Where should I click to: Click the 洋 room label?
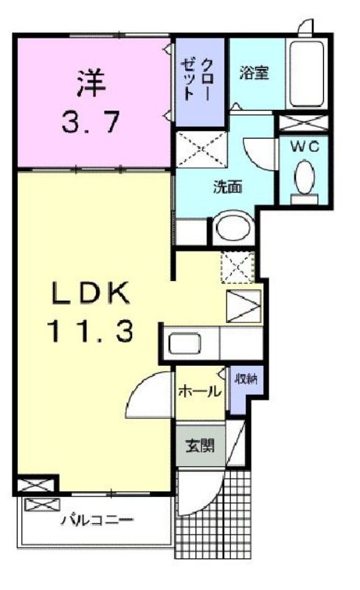(x=91, y=80)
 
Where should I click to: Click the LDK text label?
(x=92, y=294)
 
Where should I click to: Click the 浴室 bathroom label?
(x=253, y=73)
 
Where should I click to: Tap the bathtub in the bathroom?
(x=305, y=72)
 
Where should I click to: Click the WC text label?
(x=304, y=146)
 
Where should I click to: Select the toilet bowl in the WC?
(x=303, y=176)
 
